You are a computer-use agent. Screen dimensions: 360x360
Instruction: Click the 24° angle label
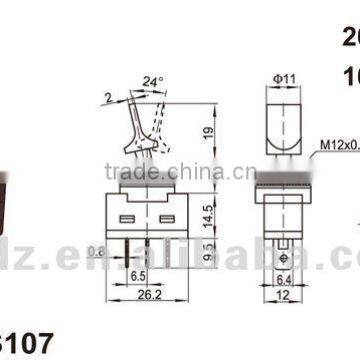pyautogui.click(x=152, y=79)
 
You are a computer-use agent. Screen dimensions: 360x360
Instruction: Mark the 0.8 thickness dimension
pyautogui.click(x=97, y=252)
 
